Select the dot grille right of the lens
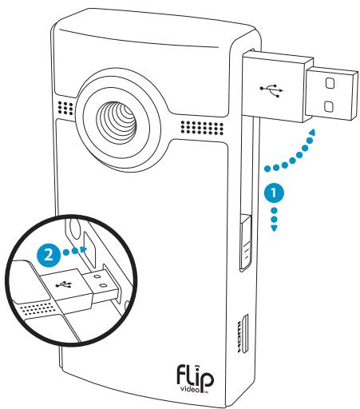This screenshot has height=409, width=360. [200, 125]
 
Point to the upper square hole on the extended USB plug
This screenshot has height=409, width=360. [330, 81]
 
